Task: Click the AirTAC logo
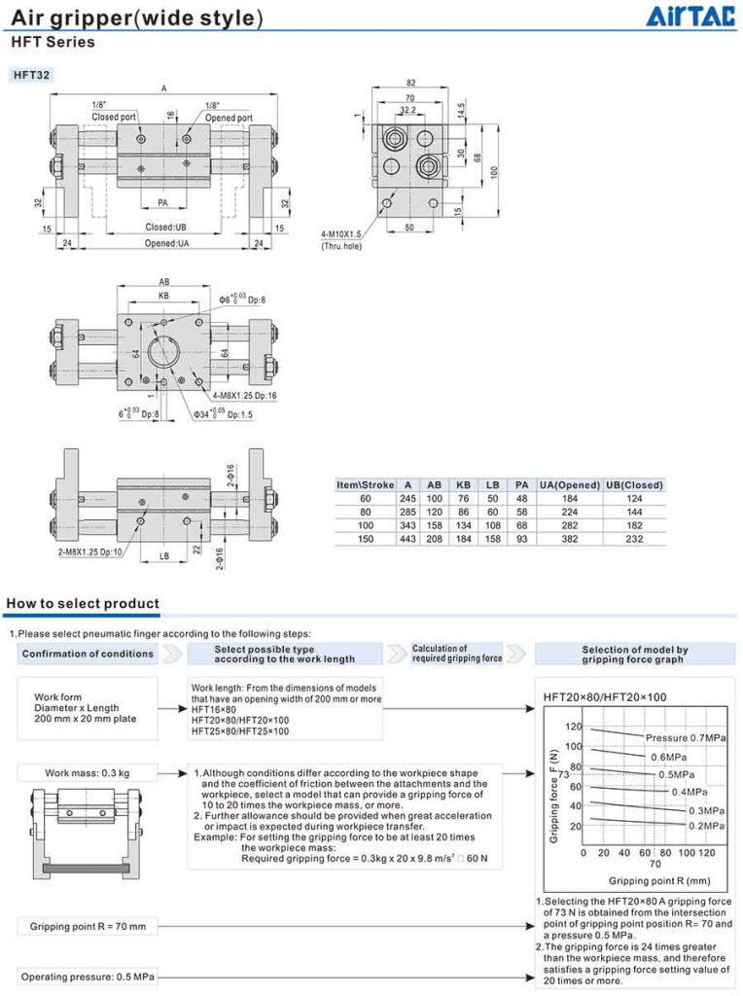691,16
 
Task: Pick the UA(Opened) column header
570,484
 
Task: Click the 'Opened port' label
229,118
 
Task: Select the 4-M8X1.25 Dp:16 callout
243,396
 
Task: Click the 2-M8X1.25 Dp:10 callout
89,552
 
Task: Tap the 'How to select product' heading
83,604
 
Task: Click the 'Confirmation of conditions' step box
88,654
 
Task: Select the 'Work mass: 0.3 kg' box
88,773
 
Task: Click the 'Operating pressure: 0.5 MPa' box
88,976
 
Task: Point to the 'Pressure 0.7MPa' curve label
686,739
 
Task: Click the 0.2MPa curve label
707,825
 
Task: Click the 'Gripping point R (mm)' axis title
647,880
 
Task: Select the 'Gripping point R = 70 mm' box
88,926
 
